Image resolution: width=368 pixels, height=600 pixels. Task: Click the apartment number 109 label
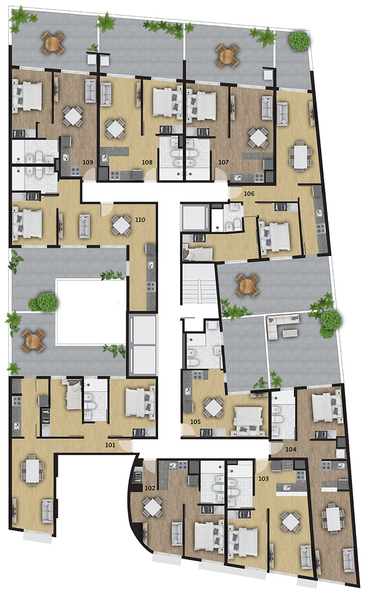coord(88,162)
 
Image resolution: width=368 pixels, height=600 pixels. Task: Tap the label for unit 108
coord(147,162)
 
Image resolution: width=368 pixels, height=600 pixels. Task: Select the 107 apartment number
coord(224,162)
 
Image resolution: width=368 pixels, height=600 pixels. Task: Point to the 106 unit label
coord(249,193)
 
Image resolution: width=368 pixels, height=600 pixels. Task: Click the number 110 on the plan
coord(140,219)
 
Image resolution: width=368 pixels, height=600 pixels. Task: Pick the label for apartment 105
coord(195,422)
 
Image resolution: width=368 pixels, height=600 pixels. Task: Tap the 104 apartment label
coord(291,449)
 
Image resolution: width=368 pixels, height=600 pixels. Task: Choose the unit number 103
coord(264,478)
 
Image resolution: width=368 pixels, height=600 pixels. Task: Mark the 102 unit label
coord(150,488)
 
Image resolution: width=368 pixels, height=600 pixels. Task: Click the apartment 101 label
coord(110,445)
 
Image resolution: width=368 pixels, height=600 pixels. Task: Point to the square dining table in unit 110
coord(121,226)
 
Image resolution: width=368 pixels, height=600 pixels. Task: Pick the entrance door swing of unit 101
coord(125,446)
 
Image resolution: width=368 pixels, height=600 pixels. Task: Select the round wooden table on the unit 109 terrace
coord(53,43)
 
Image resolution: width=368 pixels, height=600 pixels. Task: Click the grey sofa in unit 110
coord(85,226)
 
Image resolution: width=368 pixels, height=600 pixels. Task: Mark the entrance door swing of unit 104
coord(276,448)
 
